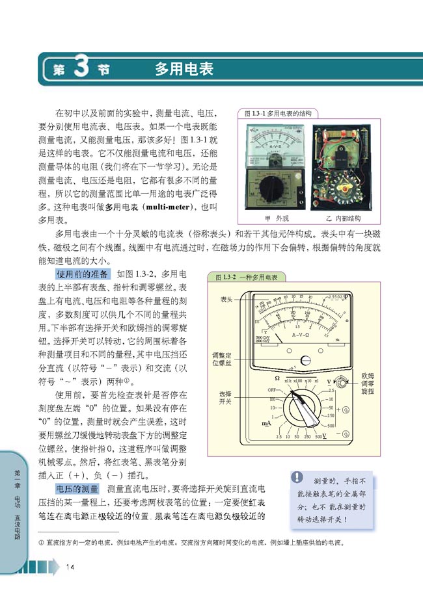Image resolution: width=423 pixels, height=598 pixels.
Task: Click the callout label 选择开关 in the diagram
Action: [x=226, y=397]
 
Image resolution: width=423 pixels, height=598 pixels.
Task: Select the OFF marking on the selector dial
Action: [x=270, y=389]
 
